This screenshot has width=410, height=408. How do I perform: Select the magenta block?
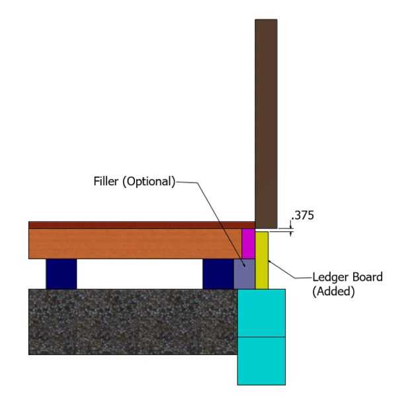click(248, 243)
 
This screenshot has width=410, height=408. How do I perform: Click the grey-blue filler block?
click(244, 273)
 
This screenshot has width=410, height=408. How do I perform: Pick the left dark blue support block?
click(61, 274)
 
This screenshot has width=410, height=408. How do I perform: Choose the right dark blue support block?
click(218, 274)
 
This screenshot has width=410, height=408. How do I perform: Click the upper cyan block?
click(261, 313)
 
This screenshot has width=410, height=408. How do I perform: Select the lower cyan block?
click(261, 360)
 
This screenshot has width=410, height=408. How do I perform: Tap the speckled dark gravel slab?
click(132, 321)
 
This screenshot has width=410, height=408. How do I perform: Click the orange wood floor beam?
click(132, 243)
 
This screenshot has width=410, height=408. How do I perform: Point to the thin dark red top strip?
click(132, 225)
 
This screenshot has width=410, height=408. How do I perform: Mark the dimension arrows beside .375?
click(290, 228)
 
